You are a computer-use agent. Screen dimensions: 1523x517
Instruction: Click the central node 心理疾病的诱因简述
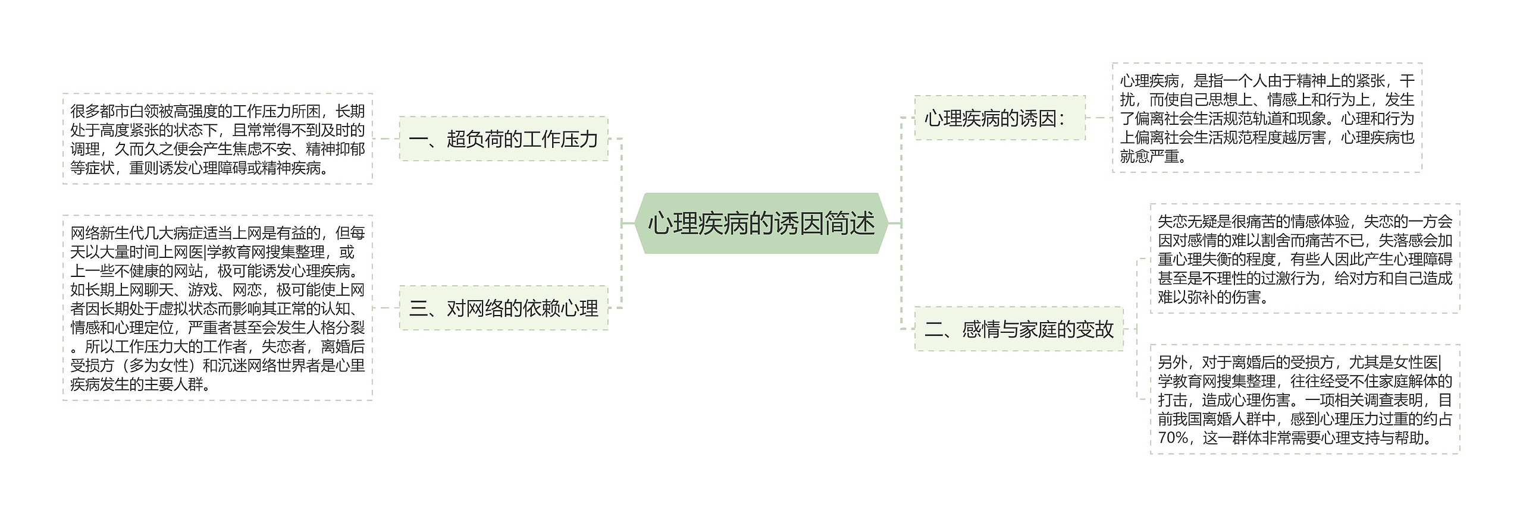[x=761, y=223]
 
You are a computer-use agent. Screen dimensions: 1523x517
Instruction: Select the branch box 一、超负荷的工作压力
[x=503, y=139]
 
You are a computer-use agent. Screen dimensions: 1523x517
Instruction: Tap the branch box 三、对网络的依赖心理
[x=503, y=308]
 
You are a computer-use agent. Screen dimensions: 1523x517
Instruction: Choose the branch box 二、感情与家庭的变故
[x=1019, y=329]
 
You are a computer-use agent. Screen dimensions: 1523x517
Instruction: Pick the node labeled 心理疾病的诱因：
[x=999, y=118]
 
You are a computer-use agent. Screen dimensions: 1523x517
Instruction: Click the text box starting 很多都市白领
[x=217, y=139]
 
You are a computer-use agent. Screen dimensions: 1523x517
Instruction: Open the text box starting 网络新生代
[x=217, y=308]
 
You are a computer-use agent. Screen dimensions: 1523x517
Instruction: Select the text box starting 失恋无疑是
[x=1305, y=259]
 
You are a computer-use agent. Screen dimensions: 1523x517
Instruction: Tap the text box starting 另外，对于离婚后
[x=1305, y=399]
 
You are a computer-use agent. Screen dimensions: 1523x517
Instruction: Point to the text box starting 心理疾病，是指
[x=1267, y=118]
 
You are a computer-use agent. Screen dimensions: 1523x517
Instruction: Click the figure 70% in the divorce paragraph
[x=1173, y=438]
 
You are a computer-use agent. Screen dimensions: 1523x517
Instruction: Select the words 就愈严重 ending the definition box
[x=1149, y=156]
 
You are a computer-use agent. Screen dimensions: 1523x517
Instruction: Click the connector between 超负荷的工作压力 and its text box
[x=386, y=139]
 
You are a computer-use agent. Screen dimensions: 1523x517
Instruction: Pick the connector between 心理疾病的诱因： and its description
[x=1099, y=118]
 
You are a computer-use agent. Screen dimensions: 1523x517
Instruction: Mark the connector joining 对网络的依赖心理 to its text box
[x=386, y=308]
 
